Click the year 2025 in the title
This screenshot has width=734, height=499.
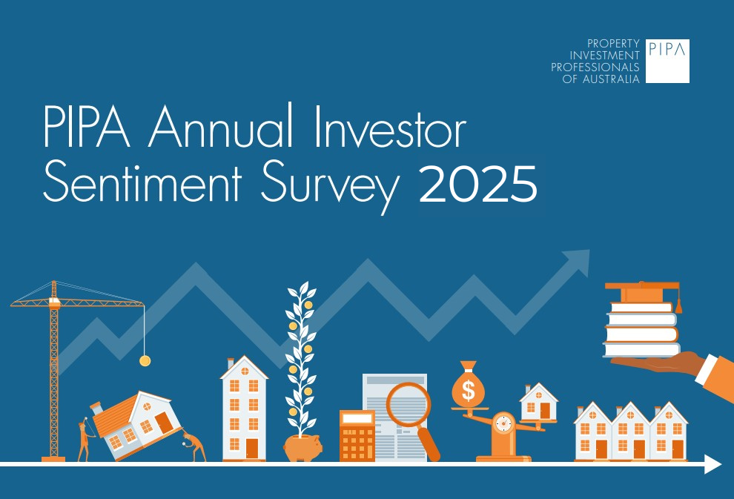pyautogui.click(x=477, y=183)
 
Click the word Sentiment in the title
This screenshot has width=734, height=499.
pyautogui.click(x=142, y=182)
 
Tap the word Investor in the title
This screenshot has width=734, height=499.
pyautogui.click(x=391, y=127)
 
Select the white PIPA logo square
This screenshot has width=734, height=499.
pyautogui.click(x=667, y=62)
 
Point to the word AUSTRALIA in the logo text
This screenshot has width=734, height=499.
pyautogui.click(x=611, y=79)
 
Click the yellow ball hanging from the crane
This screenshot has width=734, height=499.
pyautogui.click(x=145, y=361)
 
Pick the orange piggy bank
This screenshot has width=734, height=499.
pyautogui.click(x=303, y=448)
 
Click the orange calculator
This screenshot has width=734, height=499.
pyautogui.click(x=357, y=436)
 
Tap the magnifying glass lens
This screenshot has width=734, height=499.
pyautogui.click(x=409, y=404)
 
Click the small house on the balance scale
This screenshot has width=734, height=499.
pyautogui.click(x=538, y=402)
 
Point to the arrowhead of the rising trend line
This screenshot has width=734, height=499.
pyautogui.click(x=577, y=262)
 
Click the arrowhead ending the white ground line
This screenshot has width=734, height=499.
pyautogui.click(x=713, y=464)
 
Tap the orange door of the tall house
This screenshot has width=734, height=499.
pyautogui.click(x=252, y=449)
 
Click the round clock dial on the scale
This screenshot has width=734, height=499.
pyautogui.click(x=503, y=423)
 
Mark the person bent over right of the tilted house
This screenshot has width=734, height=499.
pyautogui.click(x=194, y=446)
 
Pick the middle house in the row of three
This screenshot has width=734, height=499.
pyautogui.click(x=630, y=431)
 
